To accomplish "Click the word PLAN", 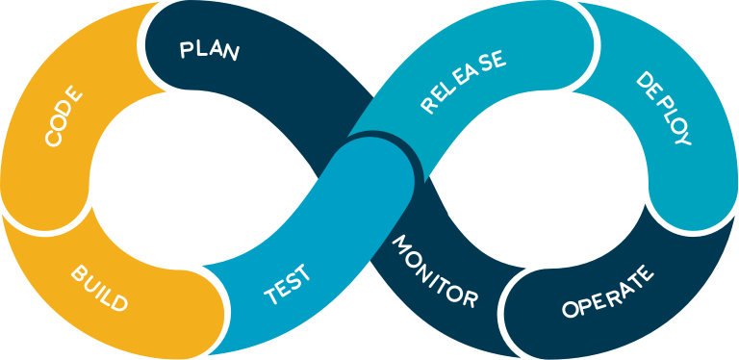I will (209, 49).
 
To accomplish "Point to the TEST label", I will (288, 285).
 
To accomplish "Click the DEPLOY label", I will (663, 108).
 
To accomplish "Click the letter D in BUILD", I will (118, 304).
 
